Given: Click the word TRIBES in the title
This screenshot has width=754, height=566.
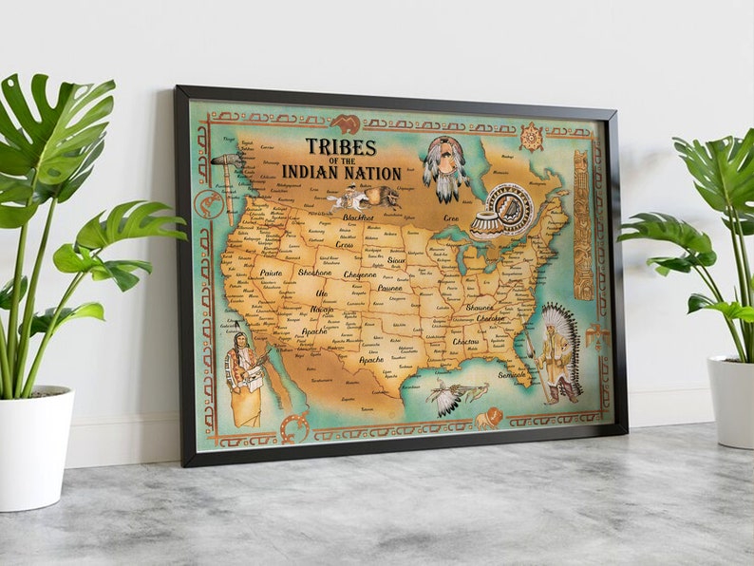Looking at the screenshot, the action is [341, 147].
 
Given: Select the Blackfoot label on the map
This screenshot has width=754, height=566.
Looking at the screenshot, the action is [358, 217].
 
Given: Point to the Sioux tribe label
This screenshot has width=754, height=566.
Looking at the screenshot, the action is [396, 258].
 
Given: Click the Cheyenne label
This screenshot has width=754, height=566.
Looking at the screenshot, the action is [360, 274].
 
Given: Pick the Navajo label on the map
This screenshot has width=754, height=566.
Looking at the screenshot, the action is [323, 310].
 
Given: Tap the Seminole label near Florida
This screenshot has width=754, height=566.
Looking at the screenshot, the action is [514, 374].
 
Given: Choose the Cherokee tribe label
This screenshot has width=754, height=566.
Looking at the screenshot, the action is [491, 319].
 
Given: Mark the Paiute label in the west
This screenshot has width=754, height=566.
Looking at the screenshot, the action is [272, 273].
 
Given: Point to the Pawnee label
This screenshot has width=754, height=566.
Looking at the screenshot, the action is [390, 287].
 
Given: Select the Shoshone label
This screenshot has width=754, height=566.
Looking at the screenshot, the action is [315, 273].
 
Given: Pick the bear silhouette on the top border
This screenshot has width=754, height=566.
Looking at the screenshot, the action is [345, 123].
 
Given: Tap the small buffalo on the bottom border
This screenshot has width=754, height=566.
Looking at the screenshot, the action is [487, 418].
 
